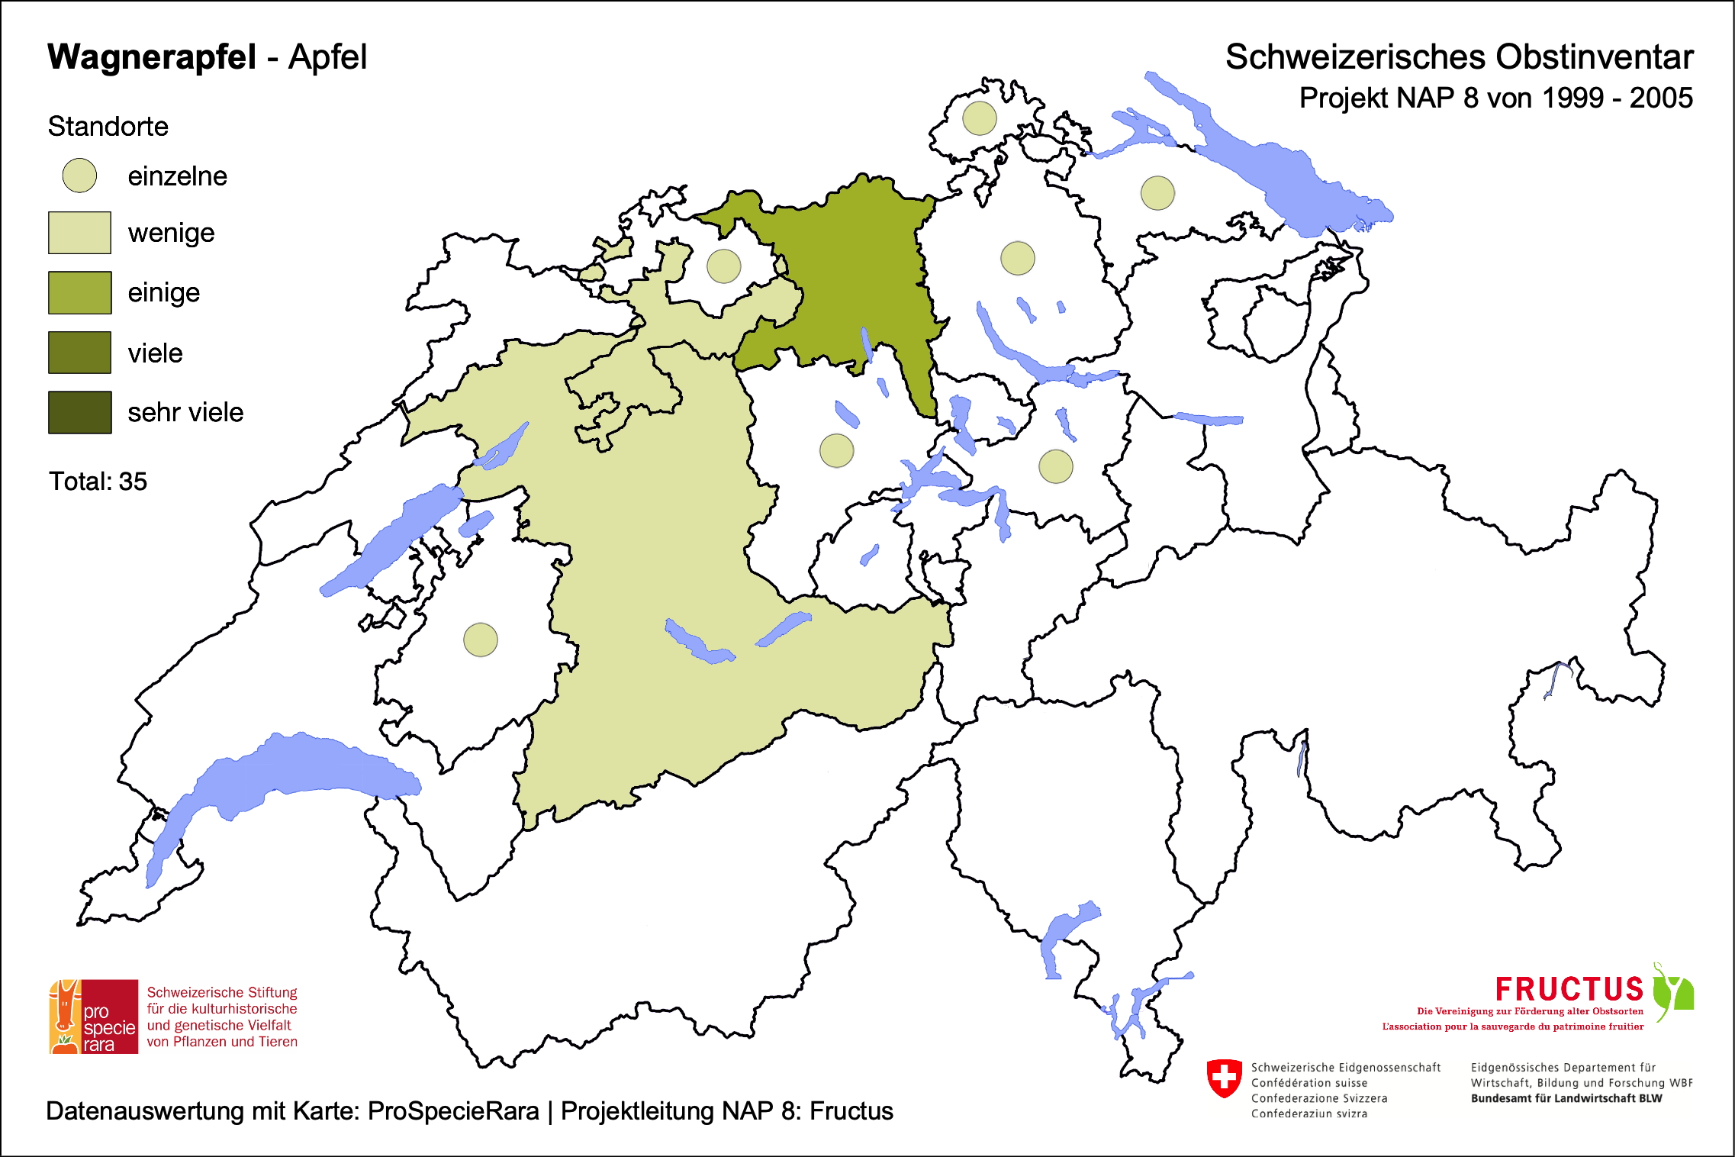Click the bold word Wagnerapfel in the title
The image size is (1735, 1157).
[x=152, y=57]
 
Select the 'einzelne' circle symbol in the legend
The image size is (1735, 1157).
[x=79, y=176]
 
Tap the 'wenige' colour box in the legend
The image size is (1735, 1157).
[x=79, y=233]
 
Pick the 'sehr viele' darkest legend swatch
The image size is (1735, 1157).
[x=79, y=412]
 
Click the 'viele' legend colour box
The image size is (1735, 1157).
[x=79, y=353]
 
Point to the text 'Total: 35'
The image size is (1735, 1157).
[x=98, y=482]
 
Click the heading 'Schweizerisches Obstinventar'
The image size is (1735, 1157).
[x=1458, y=57]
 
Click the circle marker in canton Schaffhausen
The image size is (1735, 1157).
[x=979, y=118]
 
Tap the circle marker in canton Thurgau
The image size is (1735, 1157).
[x=1157, y=192]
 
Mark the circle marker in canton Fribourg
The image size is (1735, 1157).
[x=481, y=640]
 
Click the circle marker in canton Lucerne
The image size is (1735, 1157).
[x=836, y=450]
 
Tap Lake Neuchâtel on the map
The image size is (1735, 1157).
[x=389, y=542]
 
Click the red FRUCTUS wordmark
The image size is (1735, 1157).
[x=1569, y=989]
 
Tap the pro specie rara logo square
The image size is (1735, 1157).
[x=94, y=1017]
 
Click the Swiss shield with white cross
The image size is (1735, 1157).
[x=1224, y=1078]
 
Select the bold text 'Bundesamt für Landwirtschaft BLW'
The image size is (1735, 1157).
[x=1566, y=1098]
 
